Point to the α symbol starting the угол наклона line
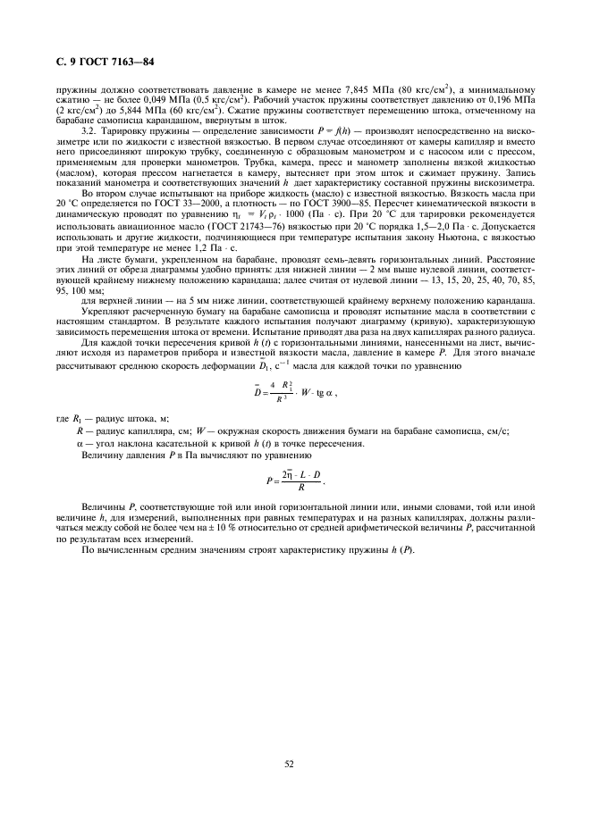coord(80,443)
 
